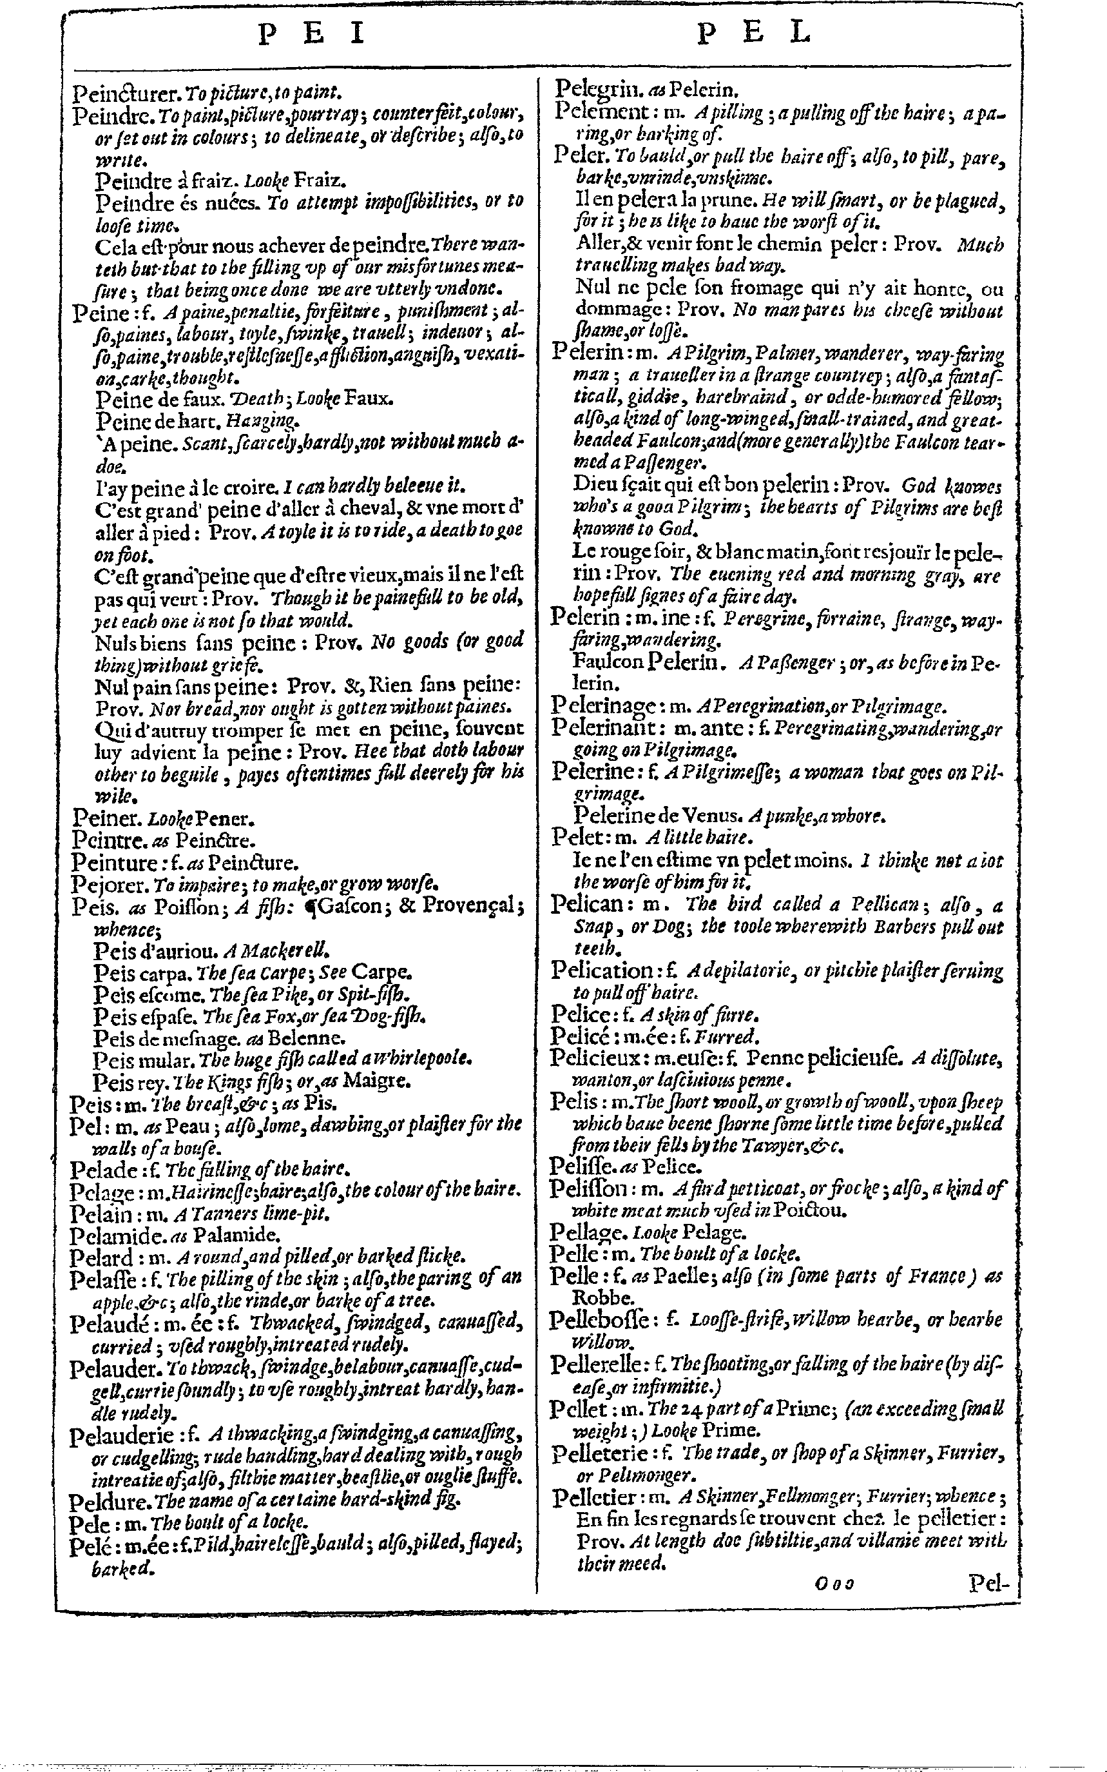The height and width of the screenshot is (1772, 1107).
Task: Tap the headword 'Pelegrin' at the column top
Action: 596,90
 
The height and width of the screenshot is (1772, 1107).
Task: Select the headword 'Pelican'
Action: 588,904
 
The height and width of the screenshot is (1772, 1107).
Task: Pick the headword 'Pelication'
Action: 602,970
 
